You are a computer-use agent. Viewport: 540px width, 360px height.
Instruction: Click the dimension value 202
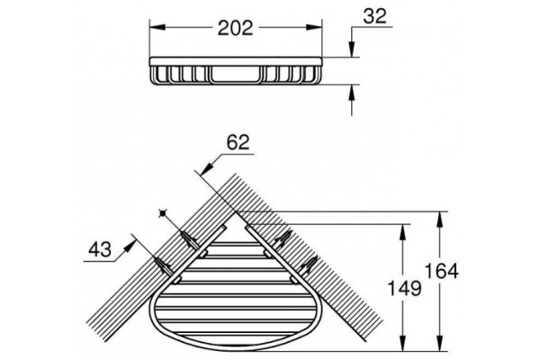tap(235, 28)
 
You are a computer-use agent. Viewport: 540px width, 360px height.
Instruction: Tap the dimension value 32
tap(374, 16)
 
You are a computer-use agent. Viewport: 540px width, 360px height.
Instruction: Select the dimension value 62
tap(238, 141)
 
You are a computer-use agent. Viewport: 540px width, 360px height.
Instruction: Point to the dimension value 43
tap(100, 249)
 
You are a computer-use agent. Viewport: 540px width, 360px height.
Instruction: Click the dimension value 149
tap(404, 288)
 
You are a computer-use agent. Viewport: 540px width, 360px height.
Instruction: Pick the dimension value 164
tap(442, 271)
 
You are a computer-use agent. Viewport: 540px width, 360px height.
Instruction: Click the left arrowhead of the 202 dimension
tap(158, 28)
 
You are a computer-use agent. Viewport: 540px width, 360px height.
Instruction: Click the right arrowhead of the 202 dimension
tap(313, 28)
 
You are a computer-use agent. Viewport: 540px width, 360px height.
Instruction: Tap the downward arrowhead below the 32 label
tap(352, 49)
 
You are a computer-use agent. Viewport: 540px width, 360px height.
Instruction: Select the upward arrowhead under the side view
tap(352, 93)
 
